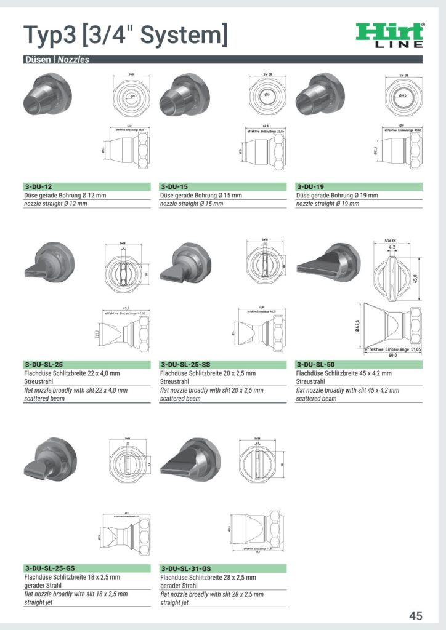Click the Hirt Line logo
[x=391, y=35]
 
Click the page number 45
[x=415, y=616]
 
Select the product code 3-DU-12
[x=38, y=186]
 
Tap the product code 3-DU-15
[x=174, y=186]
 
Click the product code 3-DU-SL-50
[x=316, y=364]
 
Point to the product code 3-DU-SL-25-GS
[x=51, y=568]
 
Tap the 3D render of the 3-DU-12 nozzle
[x=45, y=95]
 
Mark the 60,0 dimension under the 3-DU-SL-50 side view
[x=392, y=355]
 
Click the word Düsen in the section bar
[x=38, y=60]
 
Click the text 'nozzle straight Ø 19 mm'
[x=327, y=204]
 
